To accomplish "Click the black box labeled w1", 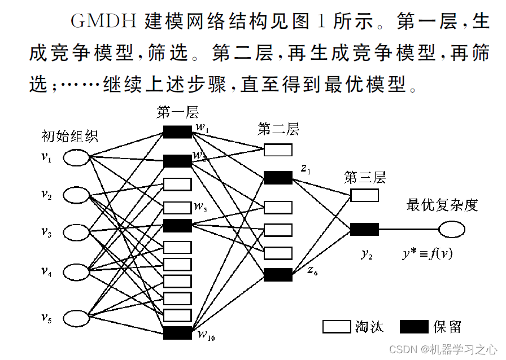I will pos(177,132).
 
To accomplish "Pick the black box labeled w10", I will pos(177,333).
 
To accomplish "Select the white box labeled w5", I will pos(177,208).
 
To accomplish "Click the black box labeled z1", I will pos(278,178).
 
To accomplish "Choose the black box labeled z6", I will pos(278,275).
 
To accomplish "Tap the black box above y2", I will pos(364,230).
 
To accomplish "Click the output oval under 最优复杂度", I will pos(451,230).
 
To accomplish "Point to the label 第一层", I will pos(178,112).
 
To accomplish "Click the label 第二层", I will pos(278,129).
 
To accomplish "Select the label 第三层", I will pos(365,178).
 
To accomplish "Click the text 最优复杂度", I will pos(442,204).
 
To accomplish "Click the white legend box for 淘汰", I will pos(337,327).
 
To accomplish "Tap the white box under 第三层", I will pos(364,195).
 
